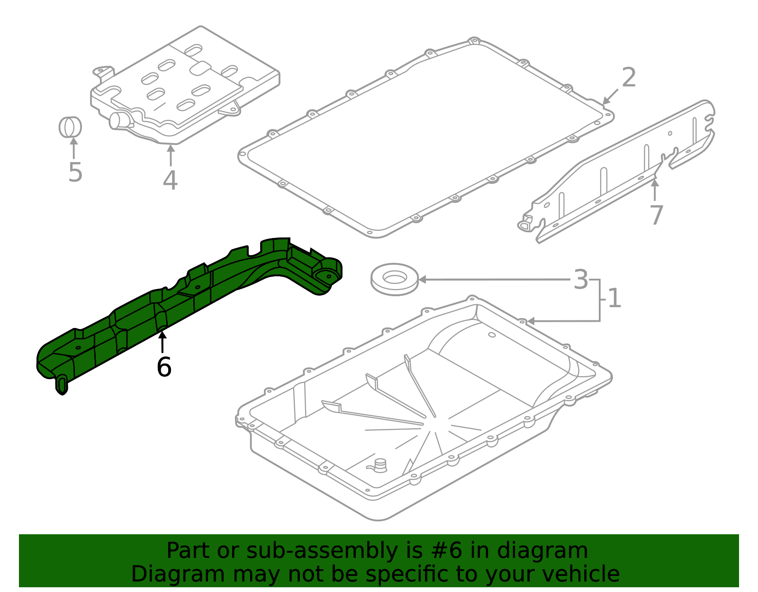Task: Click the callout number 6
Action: click(x=164, y=367)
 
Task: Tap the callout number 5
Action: click(x=75, y=172)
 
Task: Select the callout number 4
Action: click(x=170, y=180)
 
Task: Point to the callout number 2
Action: click(x=629, y=78)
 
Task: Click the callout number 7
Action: click(x=656, y=215)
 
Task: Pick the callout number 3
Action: click(x=581, y=280)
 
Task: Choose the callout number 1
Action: click(x=614, y=299)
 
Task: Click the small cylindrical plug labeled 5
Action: click(x=70, y=127)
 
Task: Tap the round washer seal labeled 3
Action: click(x=394, y=280)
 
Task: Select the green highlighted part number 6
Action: click(x=189, y=303)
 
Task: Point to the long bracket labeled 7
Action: click(x=616, y=171)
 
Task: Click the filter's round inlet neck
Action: click(x=117, y=120)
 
